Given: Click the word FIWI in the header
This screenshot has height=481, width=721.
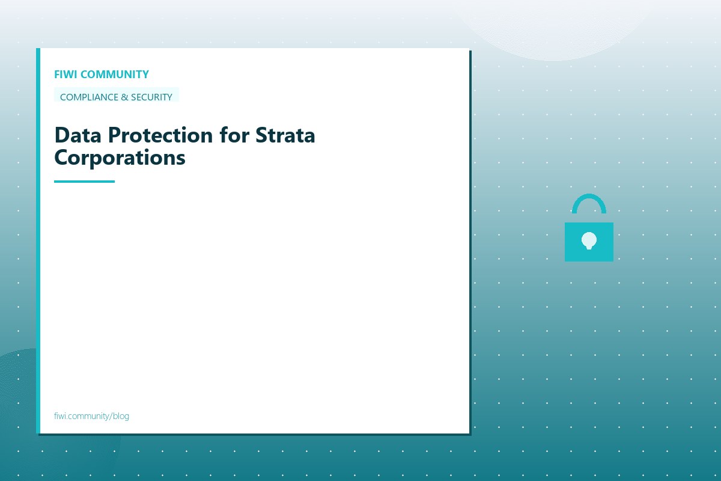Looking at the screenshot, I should (x=65, y=75).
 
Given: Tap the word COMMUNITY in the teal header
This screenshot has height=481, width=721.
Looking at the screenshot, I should (x=114, y=75).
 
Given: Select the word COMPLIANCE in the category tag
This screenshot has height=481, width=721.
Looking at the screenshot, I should (x=86, y=97).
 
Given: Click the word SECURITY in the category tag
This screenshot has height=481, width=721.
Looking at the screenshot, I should (x=147, y=97).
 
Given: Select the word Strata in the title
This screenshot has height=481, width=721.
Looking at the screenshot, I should (x=285, y=135).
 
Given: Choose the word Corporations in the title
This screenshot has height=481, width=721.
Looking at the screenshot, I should (x=120, y=158).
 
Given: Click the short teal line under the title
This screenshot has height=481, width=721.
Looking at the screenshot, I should (x=84, y=181).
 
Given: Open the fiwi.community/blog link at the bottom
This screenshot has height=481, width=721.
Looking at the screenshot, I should (x=91, y=416).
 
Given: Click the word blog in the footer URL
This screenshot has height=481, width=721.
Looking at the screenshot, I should (x=121, y=416).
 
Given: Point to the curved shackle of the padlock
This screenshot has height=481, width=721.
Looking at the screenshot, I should (x=589, y=201).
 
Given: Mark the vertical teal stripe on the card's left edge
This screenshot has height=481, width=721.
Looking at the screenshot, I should (x=38, y=240).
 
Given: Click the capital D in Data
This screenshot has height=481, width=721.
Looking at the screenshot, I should (x=61, y=135).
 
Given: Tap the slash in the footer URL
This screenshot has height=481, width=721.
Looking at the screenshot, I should (x=111, y=416).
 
